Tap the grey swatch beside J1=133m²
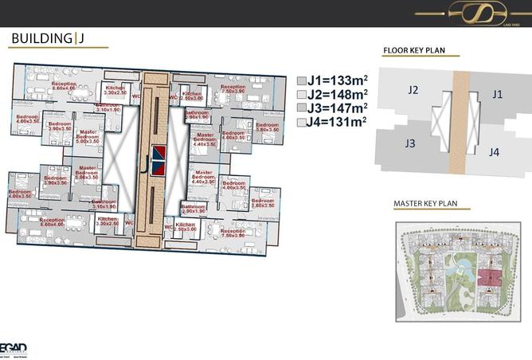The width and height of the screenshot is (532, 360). click(x=301, y=80)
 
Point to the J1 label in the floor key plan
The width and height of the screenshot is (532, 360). click(x=497, y=94)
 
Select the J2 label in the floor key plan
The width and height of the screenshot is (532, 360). click(x=413, y=90)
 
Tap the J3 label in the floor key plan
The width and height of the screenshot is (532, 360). click(x=410, y=144)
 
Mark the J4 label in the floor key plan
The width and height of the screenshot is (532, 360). click(x=495, y=151)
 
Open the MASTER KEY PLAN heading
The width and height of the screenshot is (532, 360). click(x=430, y=204)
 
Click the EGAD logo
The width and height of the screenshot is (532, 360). click(x=14, y=347)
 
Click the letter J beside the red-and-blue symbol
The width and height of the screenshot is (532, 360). click(x=144, y=167)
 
